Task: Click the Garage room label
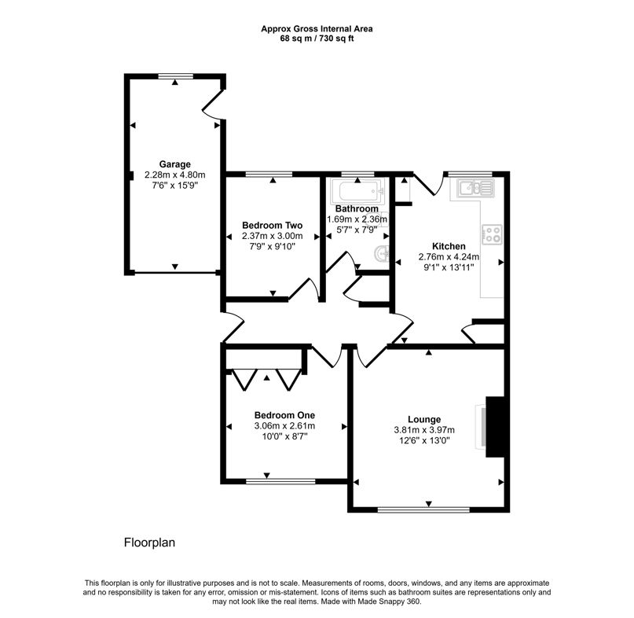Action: (x=174, y=164)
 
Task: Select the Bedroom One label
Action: (x=284, y=415)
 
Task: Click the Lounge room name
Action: (x=423, y=419)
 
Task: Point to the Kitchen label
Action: (x=449, y=245)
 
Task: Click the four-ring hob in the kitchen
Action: (x=493, y=234)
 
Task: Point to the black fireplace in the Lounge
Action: (x=494, y=426)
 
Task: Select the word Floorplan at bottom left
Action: (x=148, y=543)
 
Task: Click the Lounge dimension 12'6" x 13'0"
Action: (x=423, y=440)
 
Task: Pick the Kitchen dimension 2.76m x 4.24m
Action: (x=449, y=256)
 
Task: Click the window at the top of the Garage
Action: (x=174, y=75)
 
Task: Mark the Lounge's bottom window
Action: (x=423, y=509)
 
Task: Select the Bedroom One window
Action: (x=268, y=480)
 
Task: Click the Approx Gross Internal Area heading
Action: (x=317, y=29)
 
